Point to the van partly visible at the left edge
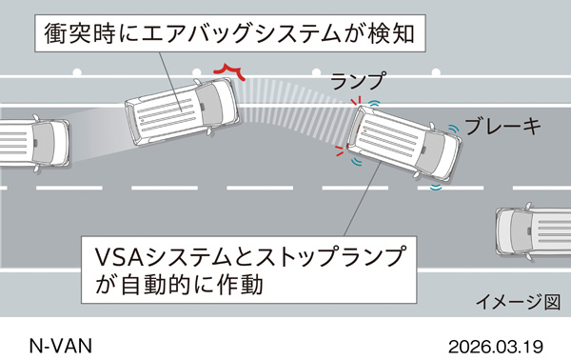pos(33,143)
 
